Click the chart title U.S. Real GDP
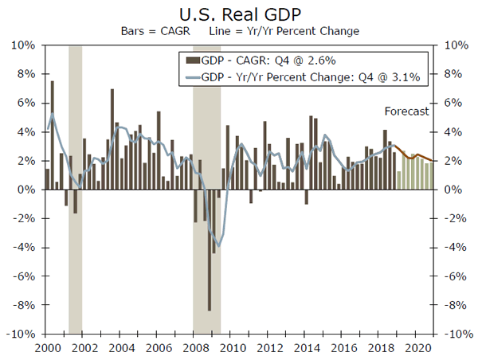[x=238, y=14]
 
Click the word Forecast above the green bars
[x=407, y=112]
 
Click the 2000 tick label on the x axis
[x=45, y=347]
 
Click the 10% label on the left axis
[x=22, y=45]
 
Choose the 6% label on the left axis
[x=25, y=103]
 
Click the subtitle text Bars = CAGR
[x=150, y=31]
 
